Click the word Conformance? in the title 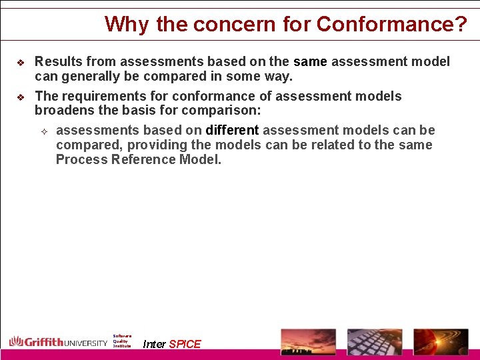click(x=392, y=25)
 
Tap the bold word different click(x=232, y=130)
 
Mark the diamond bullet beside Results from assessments click(x=19, y=63)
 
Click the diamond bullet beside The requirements click(x=19, y=97)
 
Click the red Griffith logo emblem click(x=17, y=342)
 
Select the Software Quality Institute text click(x=122, y=341)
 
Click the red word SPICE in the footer click(x=185, y=344)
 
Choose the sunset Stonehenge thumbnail click(x=308, y=341)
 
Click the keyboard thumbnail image click(x=375, y=341)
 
